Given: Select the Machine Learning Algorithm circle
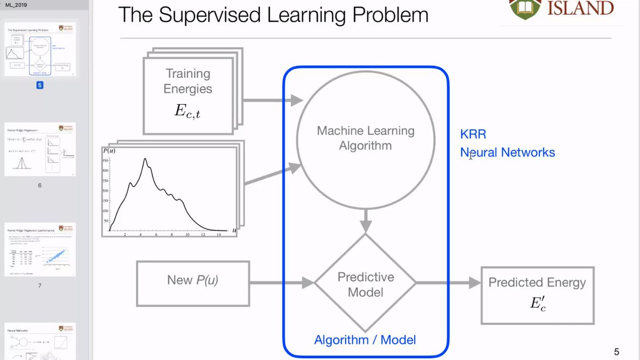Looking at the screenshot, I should [365, 138].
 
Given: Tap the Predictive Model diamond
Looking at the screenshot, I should [365, 284].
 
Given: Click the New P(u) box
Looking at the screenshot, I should [193, 280].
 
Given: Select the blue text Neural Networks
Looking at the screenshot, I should [507, 153].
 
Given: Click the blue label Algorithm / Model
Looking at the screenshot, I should [365, 340].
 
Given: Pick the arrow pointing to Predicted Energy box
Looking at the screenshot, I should [448, 283].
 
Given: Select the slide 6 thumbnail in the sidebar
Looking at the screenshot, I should [39, 150].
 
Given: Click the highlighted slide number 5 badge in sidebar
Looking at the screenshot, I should [39, 84].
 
